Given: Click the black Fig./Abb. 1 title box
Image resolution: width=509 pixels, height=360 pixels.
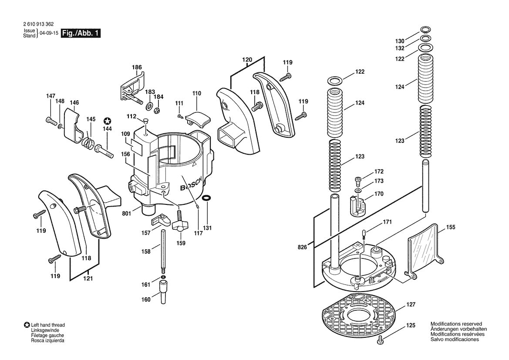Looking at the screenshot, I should [x=81, y=33].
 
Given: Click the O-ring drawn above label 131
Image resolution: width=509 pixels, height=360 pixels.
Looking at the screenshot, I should [x=208, y=199].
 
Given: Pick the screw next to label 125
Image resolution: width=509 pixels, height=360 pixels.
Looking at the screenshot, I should [x=382, y=340].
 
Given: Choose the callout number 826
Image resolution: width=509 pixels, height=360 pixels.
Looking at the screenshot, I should [x=302, y=247].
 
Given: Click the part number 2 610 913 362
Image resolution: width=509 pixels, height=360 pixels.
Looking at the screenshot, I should [x=39, y=25].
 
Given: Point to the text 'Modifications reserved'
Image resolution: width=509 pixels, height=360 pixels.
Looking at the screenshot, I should [x=456, y=324].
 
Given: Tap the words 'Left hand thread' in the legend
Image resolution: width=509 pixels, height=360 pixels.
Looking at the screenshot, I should [x=47, y=325].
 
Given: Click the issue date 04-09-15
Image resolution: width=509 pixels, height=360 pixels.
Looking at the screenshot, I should [x=49, y=33].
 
